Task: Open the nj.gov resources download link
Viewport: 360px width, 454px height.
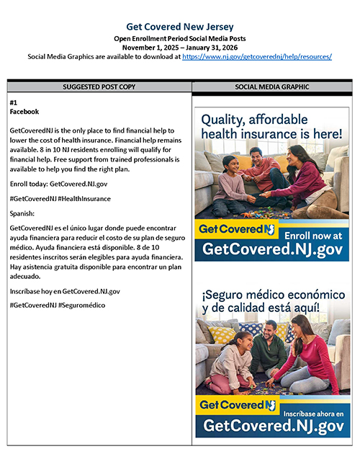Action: point(257,56)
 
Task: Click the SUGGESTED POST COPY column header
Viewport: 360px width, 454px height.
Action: point(99,86)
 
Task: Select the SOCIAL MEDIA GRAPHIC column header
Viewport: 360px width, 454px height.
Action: point(272,86)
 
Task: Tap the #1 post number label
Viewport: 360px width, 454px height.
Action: point(14,103)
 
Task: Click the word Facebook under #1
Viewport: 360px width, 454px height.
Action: point(24,112)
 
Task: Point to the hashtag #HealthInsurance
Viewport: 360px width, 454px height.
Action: point(84,198)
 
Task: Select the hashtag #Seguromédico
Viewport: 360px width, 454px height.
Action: point(81,306)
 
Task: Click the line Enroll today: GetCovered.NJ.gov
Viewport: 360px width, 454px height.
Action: point(55,184)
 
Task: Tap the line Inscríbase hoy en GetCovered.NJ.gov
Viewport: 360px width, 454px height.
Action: point(65,291)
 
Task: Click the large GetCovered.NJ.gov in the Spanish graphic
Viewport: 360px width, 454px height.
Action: point(273,427)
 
